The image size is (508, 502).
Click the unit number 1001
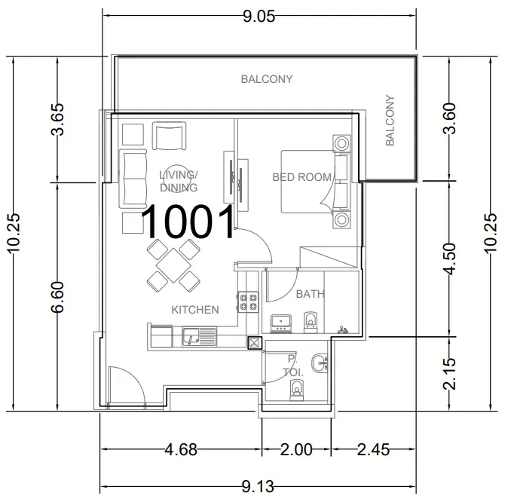188,222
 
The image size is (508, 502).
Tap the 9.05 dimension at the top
259,16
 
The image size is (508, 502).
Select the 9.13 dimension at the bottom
258,486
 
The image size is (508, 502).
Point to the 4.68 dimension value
181,449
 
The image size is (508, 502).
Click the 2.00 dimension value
296,449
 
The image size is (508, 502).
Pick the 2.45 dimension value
373,449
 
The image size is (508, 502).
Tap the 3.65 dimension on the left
58,119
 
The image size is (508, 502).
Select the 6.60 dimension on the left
58,297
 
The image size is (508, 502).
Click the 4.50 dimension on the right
450,259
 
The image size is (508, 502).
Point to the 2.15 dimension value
450,374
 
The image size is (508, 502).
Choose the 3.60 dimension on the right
450,118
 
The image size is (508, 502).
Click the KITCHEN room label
195,310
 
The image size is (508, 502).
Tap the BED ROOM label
302,177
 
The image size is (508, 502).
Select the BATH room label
310,294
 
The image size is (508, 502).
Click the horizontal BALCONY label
267,79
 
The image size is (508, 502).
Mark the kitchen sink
199,337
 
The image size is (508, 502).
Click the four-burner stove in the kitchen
248,302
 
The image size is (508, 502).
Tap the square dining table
173,265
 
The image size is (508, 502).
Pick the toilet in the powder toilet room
296,390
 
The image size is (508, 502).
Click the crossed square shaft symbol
255,342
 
